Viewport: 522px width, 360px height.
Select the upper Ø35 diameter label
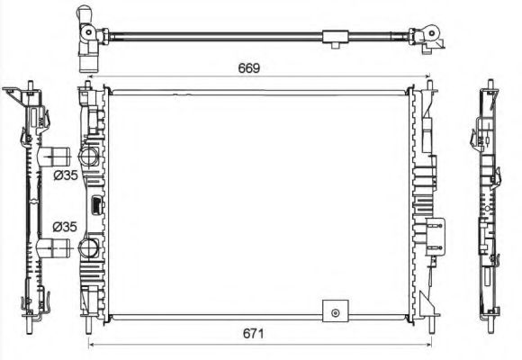point(65,175)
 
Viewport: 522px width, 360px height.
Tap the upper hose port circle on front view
point(88,156)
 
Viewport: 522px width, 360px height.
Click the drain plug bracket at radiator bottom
point(335,310)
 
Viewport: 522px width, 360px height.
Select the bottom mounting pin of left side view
point(31,318)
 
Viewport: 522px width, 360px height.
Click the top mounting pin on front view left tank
point(87,85)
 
